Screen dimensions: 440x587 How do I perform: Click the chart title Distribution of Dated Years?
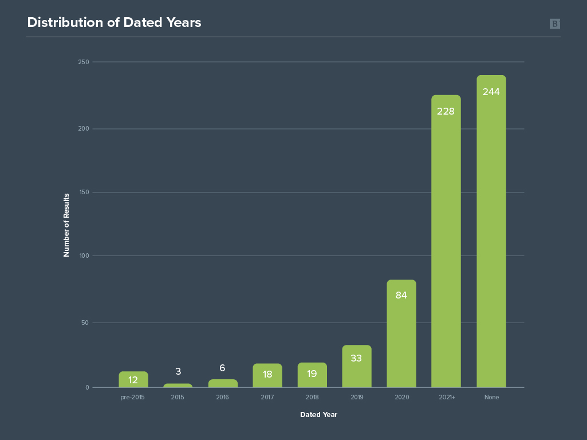(x=114, y=23)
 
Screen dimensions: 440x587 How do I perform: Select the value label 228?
(x=446, y=112)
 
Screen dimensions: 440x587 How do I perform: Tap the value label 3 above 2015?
(x=178, y=372)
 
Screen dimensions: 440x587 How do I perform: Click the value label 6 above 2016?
(x=222, y=368)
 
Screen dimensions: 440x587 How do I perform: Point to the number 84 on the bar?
(x=401, y=296)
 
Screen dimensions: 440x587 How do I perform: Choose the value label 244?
(x=491, y=92)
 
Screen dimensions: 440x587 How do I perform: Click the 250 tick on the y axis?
(x=84, y=62)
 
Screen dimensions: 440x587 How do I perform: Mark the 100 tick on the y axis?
(x=84, y=256)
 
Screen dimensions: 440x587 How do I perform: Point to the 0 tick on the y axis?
(x=88, y=388)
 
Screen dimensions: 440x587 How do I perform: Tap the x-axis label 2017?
(x=267, y=397)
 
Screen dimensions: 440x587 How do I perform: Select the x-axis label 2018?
(x=312, y=397)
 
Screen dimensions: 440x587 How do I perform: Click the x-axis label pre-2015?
(x=132, y=397)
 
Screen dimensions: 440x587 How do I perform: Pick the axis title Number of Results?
(x=66, y=225)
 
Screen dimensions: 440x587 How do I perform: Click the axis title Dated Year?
(x=318, y=415)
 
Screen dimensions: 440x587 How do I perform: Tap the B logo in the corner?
(x=554, y=23)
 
